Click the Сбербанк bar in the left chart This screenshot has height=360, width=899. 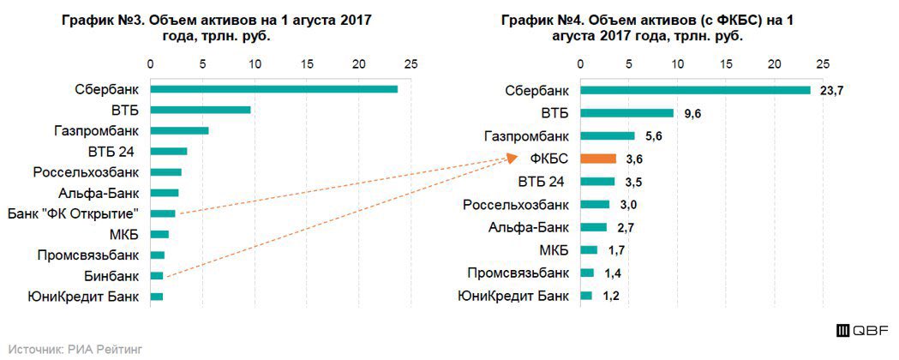[x=273, y=89]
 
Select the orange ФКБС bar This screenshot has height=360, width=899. [x=598, y=159]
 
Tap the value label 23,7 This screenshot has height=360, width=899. [x=832, y=91]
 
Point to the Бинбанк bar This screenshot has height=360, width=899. [x=157, y=275]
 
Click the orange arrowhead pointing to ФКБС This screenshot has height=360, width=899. [x=512, y=158]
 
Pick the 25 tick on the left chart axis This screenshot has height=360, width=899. [x=411, y=64]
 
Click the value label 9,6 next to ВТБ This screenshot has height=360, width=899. [x=693, y=113]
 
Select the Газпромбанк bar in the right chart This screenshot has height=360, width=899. [x=608, y=135]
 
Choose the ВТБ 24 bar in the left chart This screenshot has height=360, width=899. [x=169, y=152]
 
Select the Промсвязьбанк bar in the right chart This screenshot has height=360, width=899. [x=587, y=273]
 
